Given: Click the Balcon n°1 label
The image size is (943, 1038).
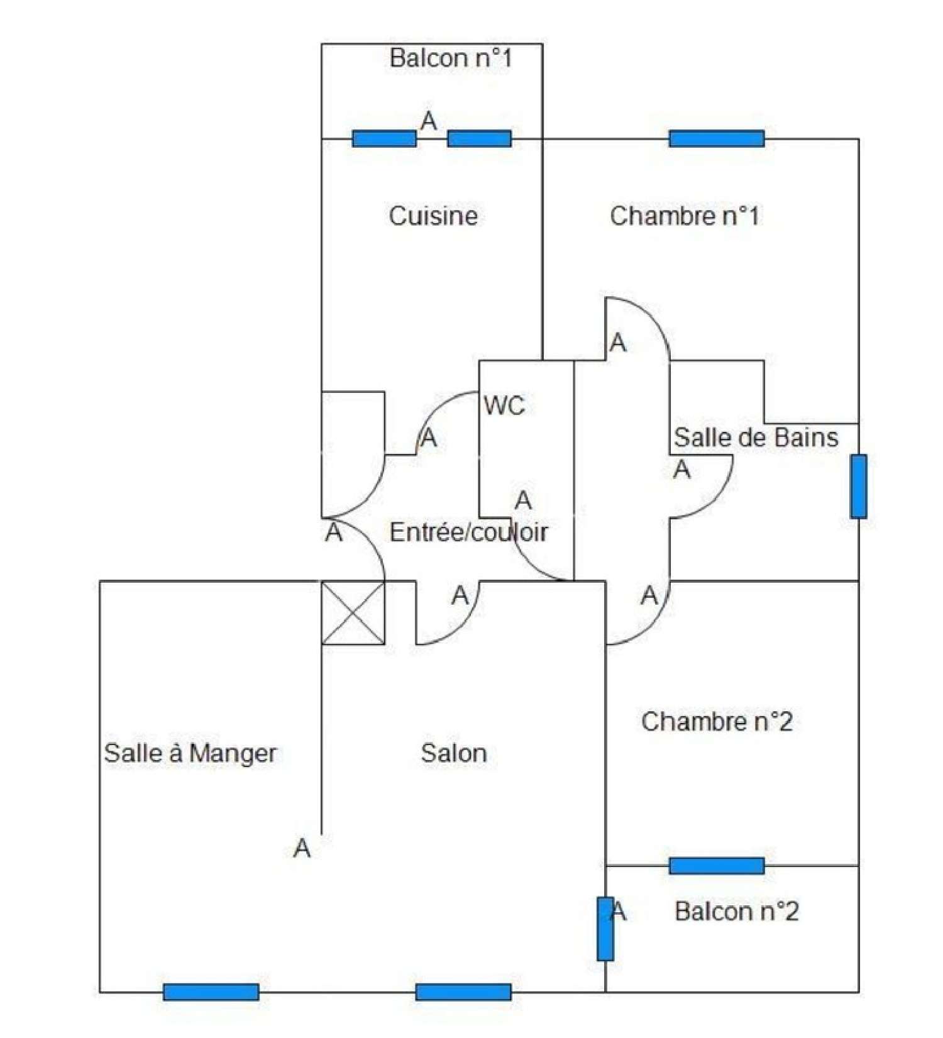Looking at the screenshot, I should pyautogui.click(x=450, y=58).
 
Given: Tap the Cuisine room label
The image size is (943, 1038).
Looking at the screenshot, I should pyautogui.click(x=433, y=216).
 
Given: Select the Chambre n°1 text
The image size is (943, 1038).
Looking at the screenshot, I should pyautogui.click(x=685, y=216).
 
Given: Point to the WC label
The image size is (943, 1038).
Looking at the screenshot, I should pyautogui.click(x=504, y=406).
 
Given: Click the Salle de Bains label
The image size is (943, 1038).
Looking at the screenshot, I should pyautogui.click(x=756, y=438).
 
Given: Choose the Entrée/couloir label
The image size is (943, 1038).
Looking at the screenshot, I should pyautogui.click(x=468, y=533).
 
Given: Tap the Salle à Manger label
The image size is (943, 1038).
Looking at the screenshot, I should pyautogui.click(x=190, y=753).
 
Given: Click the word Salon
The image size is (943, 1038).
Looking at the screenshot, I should pyautogui.click(x=454, y=753).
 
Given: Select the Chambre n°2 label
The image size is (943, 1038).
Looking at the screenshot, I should pyautogui.click(x=717, y=722).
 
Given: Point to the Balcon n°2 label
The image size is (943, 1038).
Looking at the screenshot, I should pyautogui.click(x=736, y=912).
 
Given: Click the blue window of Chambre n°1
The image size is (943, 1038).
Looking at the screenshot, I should pyautogui.click(x=717, y=138).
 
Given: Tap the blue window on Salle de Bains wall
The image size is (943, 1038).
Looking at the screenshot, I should pyautogui.click(x=858, y=487).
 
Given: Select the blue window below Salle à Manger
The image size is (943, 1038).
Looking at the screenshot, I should pyautogui.click(x=211, y=992).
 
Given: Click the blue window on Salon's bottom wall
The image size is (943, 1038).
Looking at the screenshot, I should pyautogui.click(x=463, y=992).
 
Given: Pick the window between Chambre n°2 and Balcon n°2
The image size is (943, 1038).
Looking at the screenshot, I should pyautogui.click(x=717, y=866).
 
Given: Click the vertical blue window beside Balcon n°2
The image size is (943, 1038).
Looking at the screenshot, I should pyautogui.click(x=605, y=929).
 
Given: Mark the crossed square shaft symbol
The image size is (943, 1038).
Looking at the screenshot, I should pyautogui.click(x=353, y=613).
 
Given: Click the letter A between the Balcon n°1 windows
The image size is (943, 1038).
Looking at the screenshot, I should pyautogui.click(x=429, y=121).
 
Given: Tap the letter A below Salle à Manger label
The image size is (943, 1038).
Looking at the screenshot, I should pyautogui.click(x=302, y=849).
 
